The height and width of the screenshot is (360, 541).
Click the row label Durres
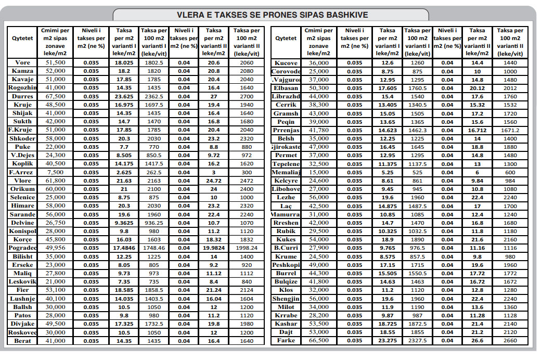point(22,96)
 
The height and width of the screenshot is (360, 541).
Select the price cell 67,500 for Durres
point(55,96)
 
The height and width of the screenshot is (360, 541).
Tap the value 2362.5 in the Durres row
point(153,96)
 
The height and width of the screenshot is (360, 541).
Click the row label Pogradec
point(22,248)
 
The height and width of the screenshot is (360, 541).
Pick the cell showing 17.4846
point(124,248)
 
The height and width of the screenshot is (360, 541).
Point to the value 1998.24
point(247,248)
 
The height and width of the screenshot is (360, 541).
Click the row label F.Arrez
point(22,172)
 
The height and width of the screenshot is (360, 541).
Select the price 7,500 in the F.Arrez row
point(55,172)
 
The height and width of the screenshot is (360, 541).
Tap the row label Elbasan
point(286,88)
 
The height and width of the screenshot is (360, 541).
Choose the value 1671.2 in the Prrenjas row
point(510,130)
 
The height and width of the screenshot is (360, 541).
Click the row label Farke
point(286,340)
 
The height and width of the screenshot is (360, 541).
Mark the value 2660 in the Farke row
point(510,340)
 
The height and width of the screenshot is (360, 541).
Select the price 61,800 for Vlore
point(55,181)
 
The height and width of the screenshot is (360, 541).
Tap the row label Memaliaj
point(286,172)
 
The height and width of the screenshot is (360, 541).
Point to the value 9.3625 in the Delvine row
point(124,223)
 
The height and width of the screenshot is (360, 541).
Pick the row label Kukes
point(286,239)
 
